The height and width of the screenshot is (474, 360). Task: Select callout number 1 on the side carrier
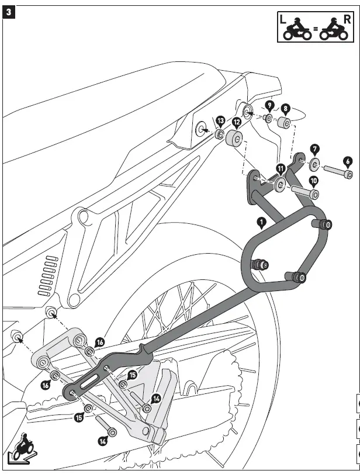[261, 222]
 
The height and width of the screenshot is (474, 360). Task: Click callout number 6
[347, 161]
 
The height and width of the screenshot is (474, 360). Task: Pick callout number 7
[314, 150]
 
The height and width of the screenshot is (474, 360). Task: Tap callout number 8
[285, 108]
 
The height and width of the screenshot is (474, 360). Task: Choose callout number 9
[269, 106]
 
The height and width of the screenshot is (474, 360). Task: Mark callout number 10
[313, 181]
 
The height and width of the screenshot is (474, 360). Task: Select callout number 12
[236, 123]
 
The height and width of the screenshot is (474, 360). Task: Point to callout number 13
[220, 121]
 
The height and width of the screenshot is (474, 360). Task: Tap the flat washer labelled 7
[314, 163]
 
